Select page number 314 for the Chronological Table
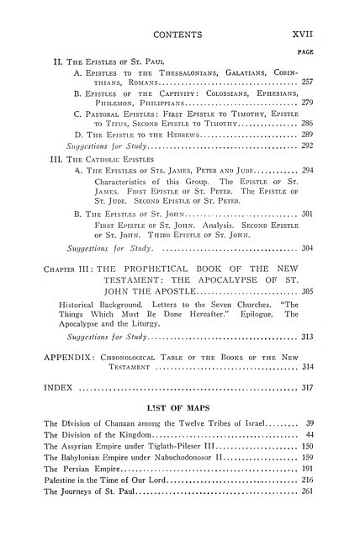tap(307, 368)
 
